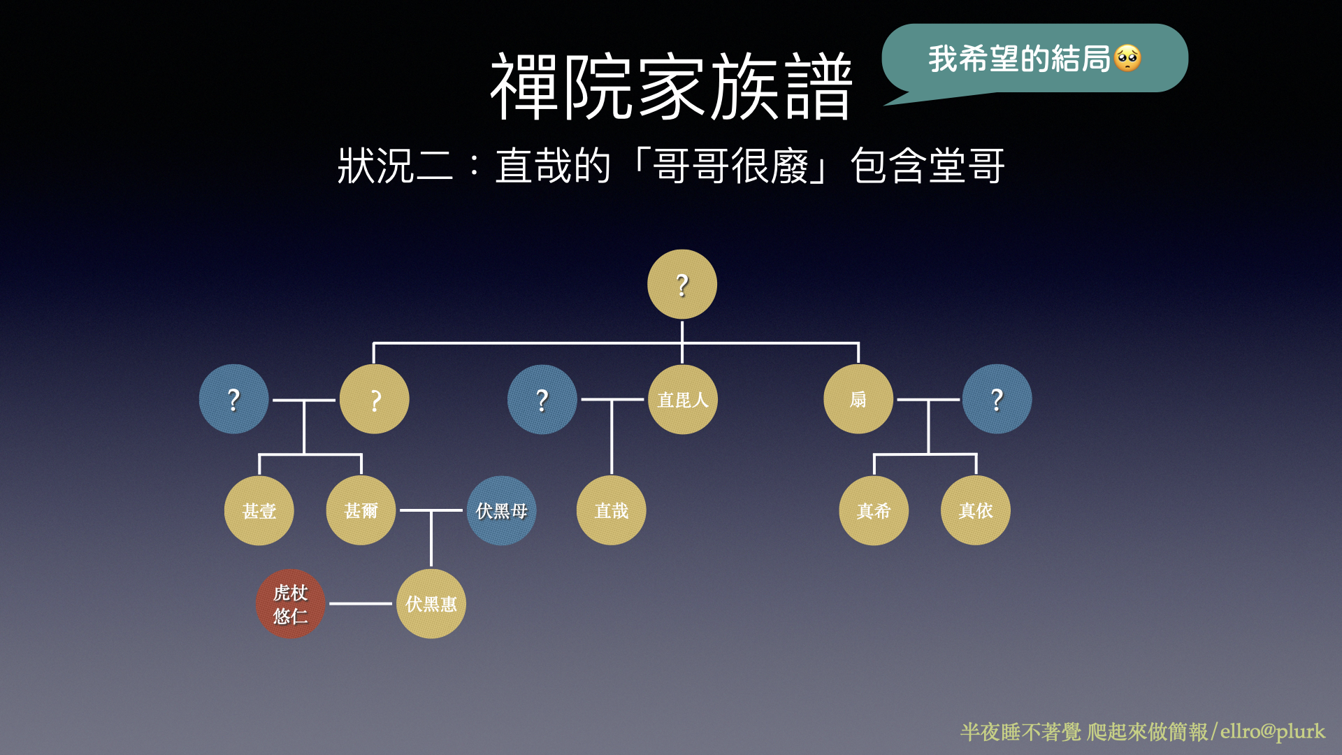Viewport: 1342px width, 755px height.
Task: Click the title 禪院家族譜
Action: tap(671, 87)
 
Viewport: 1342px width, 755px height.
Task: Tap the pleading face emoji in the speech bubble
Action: tap(1128, 59)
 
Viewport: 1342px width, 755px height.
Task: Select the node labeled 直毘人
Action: tap(683, 399)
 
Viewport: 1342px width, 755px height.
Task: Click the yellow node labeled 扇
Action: tap(858, 399)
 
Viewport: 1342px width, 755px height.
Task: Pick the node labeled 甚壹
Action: tap(259, 510)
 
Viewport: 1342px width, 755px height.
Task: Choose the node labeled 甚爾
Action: tap(361, 510)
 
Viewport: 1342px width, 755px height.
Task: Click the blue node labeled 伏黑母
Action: tap(501, 510)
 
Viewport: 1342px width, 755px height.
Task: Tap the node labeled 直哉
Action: tap(612, 510)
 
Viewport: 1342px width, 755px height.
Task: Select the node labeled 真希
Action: tap(874, 510)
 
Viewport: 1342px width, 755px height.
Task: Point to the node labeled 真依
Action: tap(976, 510)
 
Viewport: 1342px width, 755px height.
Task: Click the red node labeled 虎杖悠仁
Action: tap(291, 603)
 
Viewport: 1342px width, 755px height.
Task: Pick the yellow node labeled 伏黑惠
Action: tap(431, 603)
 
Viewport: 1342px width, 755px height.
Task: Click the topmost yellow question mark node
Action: tap(682, 285)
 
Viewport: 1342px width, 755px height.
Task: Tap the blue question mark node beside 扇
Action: tap(997, 399)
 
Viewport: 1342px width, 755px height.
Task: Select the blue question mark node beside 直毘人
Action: tap(542, 399)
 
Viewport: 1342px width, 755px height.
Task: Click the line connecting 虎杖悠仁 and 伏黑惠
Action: tap(361, 603)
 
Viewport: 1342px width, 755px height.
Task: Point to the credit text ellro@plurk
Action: tap(1273, 731)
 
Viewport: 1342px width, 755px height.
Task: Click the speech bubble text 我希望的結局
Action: tap(1020, 59)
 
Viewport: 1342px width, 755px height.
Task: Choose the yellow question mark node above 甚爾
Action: tap(375, 399)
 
